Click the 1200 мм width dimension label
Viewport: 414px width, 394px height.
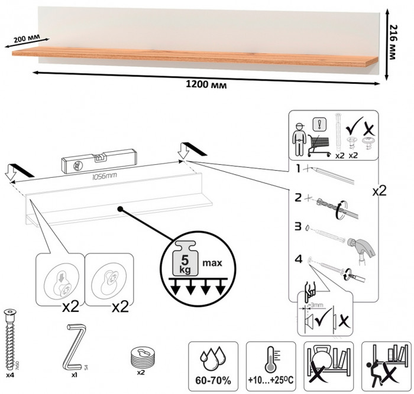pos(203,84)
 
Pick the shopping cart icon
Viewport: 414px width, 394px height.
pos(319,143)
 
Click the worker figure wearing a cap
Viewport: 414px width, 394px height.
pos(300,139)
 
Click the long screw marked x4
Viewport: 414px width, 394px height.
pos(11,337)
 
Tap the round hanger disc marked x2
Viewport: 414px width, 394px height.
pos(141,357)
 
